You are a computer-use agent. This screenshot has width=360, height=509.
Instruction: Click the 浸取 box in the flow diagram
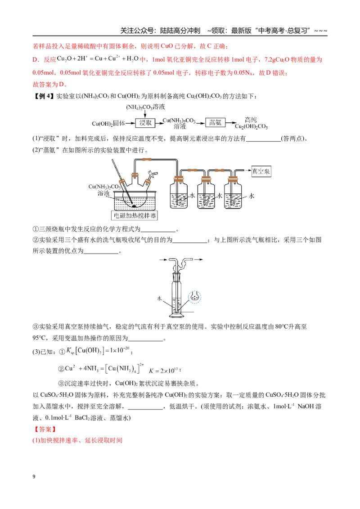[x=145, y=123]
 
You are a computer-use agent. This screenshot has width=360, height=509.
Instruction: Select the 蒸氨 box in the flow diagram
[x=215, y=123]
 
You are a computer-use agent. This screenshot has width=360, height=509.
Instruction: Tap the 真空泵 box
[x=261, y=171]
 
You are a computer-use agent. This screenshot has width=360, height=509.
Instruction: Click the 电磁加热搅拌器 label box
[x=135, y=215]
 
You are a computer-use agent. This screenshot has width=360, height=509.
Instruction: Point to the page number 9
[x=34, y=477]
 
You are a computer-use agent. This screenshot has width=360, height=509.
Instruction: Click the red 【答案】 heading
[x=45, y=429]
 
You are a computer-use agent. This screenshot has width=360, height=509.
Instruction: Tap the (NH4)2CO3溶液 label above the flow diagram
[x=145, y=107]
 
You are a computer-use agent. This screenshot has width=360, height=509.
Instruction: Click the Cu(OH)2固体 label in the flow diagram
[x=108, y=123]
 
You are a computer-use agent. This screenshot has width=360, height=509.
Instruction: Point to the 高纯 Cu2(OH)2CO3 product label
[x=251, y=123]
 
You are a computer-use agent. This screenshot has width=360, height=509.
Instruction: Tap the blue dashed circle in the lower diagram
[x=194, y=296]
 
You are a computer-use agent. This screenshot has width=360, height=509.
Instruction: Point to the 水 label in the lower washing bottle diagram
[x=159, y=298]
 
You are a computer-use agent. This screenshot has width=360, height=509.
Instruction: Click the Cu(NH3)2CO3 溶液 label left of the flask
[x=104, y=190]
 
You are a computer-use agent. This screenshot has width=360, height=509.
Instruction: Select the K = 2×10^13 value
[x=165, y=371]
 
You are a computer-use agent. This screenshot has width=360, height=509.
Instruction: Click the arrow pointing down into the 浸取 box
[x=145, y=114]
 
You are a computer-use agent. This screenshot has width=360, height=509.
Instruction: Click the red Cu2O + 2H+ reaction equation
[x=98, y=59]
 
